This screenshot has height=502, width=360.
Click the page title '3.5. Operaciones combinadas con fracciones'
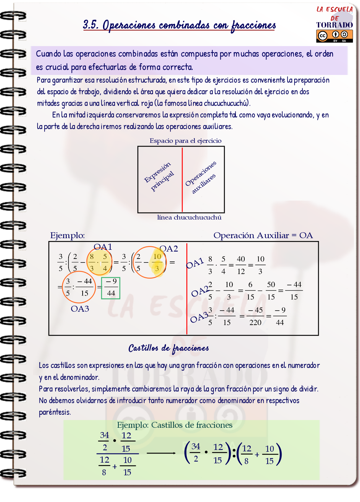179,25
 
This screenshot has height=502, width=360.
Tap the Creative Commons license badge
334,36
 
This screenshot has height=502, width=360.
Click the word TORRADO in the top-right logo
334,25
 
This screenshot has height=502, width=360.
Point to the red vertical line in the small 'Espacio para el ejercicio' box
182,179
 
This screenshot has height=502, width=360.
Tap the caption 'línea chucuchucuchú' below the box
189,217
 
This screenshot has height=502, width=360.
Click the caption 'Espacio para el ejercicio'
185,141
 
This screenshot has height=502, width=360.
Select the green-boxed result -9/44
111,288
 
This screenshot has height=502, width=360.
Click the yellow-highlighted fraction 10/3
157,262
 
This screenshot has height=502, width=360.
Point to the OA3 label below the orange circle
80,309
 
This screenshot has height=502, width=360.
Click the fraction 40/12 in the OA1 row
241,265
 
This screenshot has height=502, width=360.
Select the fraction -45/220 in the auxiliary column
256,316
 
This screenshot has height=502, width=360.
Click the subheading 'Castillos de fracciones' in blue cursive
168,348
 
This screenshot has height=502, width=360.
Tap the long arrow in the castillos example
161,453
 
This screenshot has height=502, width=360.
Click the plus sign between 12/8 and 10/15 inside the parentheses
257,455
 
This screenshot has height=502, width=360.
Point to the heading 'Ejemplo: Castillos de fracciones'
174,425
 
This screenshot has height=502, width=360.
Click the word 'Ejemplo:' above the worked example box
67,235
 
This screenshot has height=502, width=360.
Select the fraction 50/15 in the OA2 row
271,291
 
